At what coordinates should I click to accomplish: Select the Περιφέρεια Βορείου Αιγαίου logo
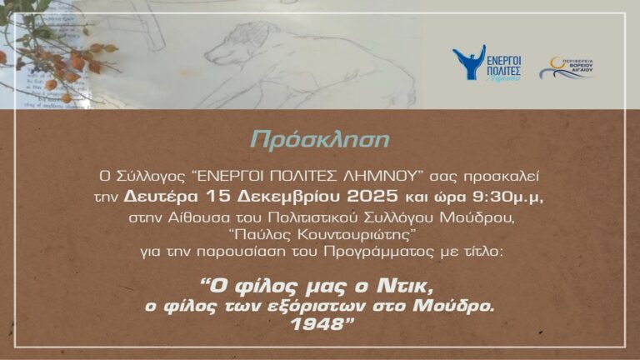coord(567,67)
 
